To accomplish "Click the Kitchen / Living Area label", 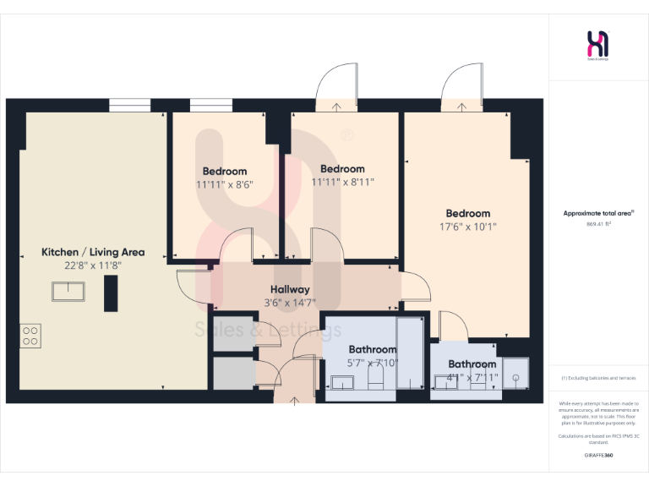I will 93,252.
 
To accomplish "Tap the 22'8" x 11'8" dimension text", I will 93,265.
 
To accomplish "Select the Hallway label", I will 289,289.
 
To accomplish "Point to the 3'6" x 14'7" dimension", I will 289,302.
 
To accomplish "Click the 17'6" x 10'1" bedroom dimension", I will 468,227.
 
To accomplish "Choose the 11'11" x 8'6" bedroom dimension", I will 225,183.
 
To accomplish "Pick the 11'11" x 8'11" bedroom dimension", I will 343,182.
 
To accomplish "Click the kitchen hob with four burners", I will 31,336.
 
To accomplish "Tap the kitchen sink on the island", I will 68,292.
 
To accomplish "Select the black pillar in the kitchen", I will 110,293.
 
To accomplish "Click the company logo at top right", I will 598,44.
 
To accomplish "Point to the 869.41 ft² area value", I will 598,224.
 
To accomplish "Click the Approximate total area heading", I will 598,214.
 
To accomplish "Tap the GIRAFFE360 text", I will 598,456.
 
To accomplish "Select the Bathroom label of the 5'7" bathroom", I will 373,349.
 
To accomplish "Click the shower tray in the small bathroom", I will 514,380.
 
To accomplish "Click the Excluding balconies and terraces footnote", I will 598,378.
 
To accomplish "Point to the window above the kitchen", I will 130,106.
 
